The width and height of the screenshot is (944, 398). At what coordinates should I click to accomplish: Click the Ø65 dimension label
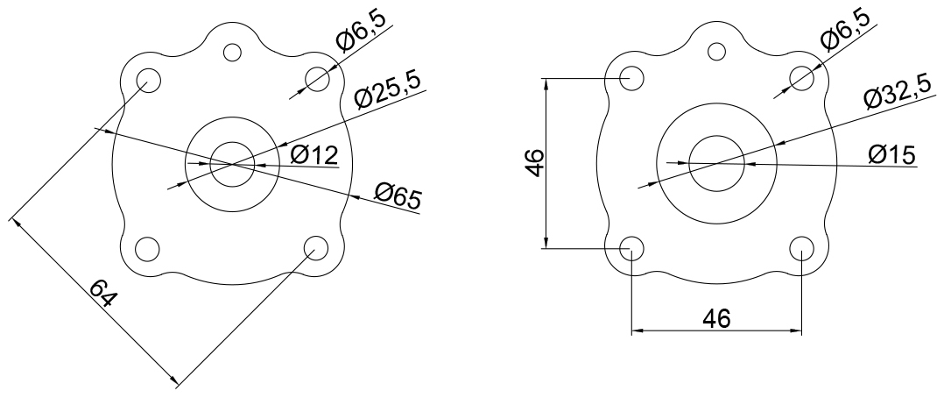(x=397, y=196)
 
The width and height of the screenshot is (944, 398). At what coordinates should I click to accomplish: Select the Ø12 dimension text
(x=313, y=156)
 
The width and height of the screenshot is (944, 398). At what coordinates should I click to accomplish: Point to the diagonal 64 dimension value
(x=103, y=294)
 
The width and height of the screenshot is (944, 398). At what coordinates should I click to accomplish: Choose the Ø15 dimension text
(x=891, y=154)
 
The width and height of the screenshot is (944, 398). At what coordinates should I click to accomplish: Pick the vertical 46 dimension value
(x=535, y=163)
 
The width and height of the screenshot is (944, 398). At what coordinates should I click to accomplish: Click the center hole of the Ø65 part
(x=231, y=163)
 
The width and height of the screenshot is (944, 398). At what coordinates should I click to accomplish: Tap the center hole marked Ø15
(x=716, y=162)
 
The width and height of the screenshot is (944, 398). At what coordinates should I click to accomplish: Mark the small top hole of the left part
(x=231, y=52)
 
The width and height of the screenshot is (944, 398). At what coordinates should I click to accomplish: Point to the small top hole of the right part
(x=716, y=52)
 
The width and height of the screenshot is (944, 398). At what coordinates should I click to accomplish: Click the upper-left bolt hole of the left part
(x=147, y=79)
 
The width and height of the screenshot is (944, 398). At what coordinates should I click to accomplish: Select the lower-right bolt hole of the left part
(x=315, y=248)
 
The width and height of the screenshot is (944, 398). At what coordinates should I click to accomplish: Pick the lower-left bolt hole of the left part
(x=147, y=248)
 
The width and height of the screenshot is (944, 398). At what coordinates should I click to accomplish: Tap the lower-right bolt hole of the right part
(x=801, y=248)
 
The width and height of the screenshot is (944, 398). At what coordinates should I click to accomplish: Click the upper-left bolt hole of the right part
(x=631, y=78)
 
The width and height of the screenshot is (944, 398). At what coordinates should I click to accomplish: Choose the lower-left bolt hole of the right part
(x=631, y=248)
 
